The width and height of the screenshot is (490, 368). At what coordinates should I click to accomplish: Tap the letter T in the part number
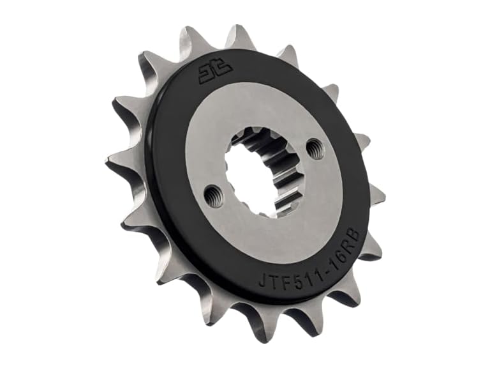coord(273,279)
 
